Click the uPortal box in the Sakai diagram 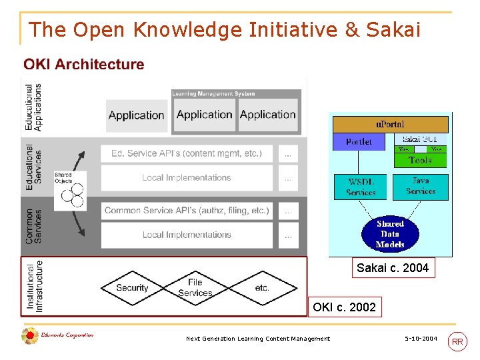click(390, 124)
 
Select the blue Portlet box click(359, 141)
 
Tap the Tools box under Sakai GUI click(420, 160)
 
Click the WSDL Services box click(361, 187)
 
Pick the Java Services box click(421, 186)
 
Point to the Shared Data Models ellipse click(390, 234)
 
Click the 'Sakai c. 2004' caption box click(393, 268)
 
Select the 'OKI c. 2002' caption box click(344, 307)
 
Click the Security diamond click(132, 288)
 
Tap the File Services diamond click(195, 288)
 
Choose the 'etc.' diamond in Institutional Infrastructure click(262, 288)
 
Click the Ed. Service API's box click(187, 153)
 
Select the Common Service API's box click(187, 211)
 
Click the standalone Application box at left click(136, 115)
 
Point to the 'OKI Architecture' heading click(84, 65)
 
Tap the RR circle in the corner click(458, 342)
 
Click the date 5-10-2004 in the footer click(421, 339)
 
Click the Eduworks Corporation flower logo click(29, 336)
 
